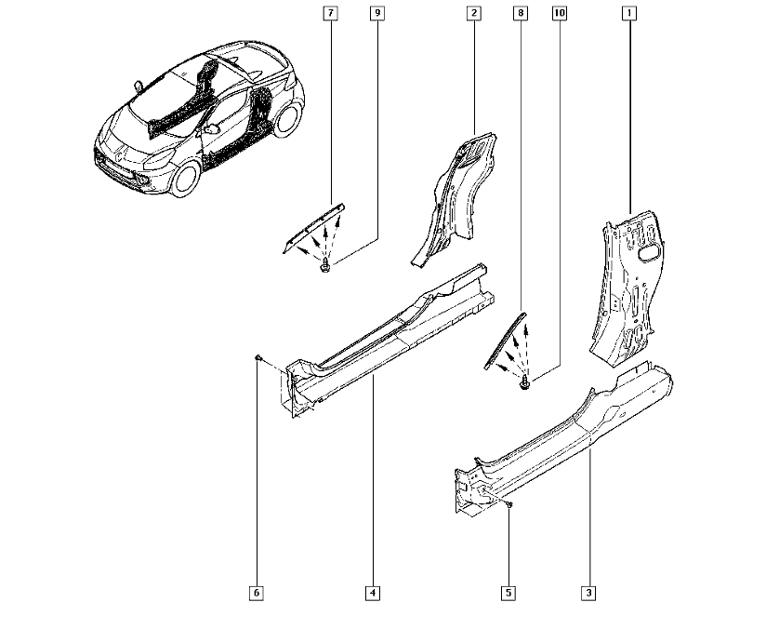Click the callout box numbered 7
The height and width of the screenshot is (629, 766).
(331, 13)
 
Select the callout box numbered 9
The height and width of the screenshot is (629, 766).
(377, 13)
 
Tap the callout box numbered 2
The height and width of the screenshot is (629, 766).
(473, 13)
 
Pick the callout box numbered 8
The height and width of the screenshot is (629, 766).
(521, 13)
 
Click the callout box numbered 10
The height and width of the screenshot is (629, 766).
(560, 13)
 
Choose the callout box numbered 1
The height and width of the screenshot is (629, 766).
(629, 13)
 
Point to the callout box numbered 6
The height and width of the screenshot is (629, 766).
(256, 594)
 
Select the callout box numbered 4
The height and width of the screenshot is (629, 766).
(372, 594)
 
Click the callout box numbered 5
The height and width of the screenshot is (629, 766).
(508, 594)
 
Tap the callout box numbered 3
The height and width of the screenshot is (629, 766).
(588, 594)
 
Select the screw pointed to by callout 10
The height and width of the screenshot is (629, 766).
(524, 383)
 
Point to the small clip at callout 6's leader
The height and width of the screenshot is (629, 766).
(258, 359)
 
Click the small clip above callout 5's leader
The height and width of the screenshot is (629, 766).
(509, 504)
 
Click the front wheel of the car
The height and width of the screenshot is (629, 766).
(186, 178)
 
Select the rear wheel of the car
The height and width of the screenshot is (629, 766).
(286, 119)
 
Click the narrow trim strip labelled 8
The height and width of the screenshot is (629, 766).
(505, 341)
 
